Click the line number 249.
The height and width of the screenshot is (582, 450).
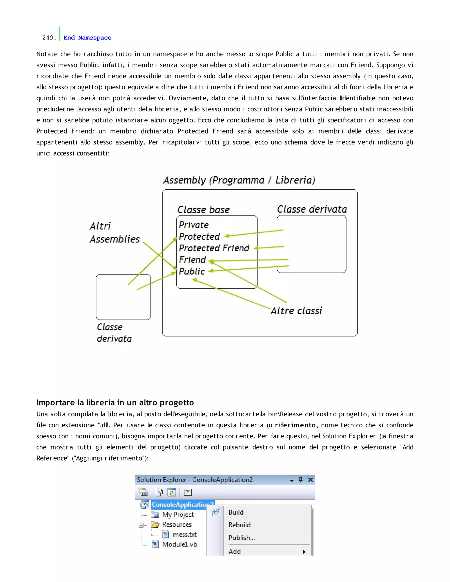[x=49, y=38]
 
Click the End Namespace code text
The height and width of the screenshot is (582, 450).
[x=87, y=38]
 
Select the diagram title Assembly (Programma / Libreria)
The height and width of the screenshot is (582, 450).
[x=239, y=180]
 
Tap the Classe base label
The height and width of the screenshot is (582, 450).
[x=203, y=210]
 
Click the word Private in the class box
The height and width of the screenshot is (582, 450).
[x=194, y=225]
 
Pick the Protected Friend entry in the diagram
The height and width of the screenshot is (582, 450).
[x=214, y=248]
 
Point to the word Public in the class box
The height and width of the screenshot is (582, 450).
[x=192, y=271]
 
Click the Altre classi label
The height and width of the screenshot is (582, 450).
[x=296, y=311]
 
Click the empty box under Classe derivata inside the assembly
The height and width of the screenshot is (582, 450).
[x=311, y=244]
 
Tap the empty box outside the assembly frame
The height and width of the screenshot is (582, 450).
[x=123, y=297]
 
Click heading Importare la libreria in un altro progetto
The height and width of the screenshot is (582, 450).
[x=115, y=402]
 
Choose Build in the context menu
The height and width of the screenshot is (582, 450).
[x=236, y=512]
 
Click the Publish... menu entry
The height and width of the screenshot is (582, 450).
[x=241, y=537]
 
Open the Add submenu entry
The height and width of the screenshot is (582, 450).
[x=235, y=551]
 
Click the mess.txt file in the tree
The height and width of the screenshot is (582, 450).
[x=185, y=534]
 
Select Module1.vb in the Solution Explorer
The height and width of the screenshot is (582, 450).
[x=180, y=544]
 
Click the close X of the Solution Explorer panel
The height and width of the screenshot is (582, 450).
[x=310, y=480]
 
